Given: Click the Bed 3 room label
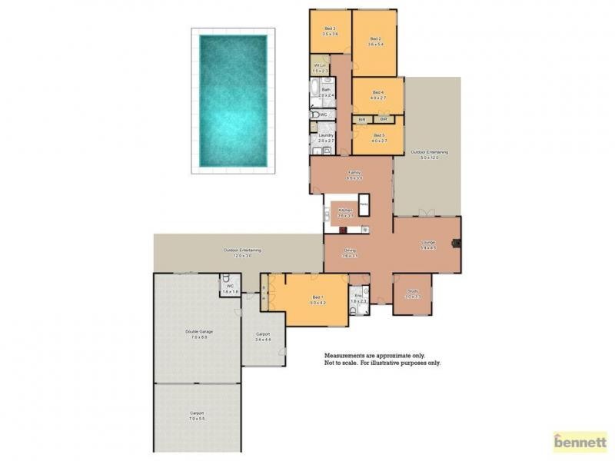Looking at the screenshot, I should point(330,29).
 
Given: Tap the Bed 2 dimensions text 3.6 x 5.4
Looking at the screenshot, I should point(375,45).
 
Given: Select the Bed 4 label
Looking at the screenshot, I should point(377,92).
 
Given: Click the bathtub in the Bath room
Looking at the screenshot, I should point(316,95).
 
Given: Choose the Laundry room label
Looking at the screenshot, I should point(326,135).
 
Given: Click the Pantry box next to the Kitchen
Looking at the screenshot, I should point(362,205).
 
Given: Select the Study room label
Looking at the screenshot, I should point(413,290).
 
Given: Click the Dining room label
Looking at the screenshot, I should point(350,250).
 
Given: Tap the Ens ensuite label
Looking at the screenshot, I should point(358,295).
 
